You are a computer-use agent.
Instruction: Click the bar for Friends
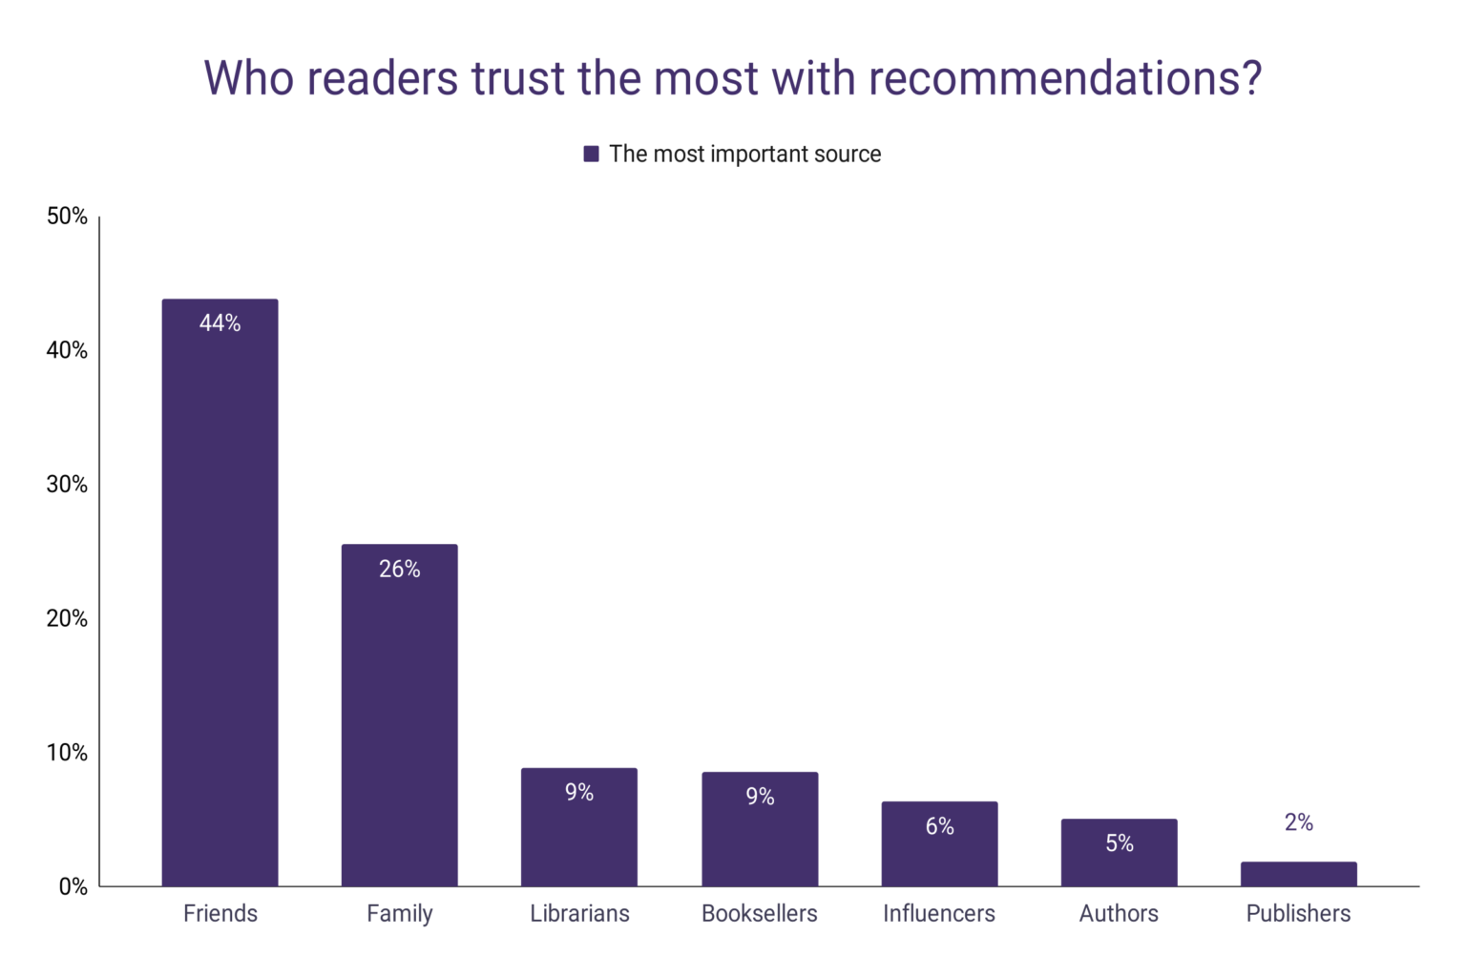click(x=220, y=592)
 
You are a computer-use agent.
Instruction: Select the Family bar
click(x=399, y=716)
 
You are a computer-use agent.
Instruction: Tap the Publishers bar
click(x=1298, y=874)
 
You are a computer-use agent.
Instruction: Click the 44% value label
click(x=220, y=323)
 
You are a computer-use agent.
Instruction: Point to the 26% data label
click(x=399, y=570)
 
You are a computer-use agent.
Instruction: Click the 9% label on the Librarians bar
click(x=579, y=793)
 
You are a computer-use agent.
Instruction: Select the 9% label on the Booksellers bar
click(x=760, y=797)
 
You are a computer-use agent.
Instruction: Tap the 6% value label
click(x=939, y=826)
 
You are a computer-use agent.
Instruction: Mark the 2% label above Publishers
click(x=1298, y=822)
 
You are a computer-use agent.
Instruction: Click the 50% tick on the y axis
click(x=67, y=217)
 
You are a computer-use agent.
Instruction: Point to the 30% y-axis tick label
click(x=67, y=485)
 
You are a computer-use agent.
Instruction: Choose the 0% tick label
click(x=73, y=887)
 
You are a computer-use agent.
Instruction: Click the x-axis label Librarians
click(x=579, y=914)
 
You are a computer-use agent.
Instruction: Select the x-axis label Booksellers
click(x=760, y=914)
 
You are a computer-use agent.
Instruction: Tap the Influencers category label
click(x=939, y=914)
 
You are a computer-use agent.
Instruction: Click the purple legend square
click(x=591, y=154)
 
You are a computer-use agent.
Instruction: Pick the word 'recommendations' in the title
click(x=1064, y=78)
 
